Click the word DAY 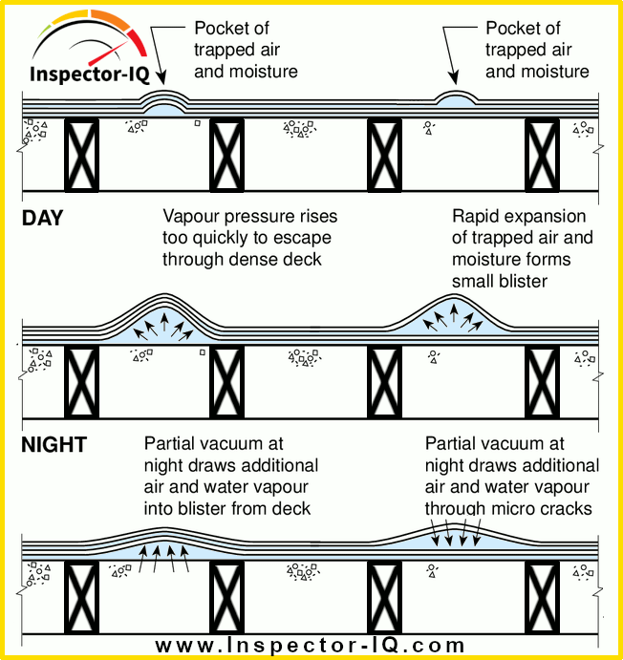point(42,219)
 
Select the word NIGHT point(54,445)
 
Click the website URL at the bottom point(311,645)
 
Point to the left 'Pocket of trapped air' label point(247,50)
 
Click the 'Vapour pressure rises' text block point(249,238)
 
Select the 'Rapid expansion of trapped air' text point(523,248)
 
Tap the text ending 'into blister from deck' point(231,476)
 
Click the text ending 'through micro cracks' point(509,476)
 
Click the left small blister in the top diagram point(163,102)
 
